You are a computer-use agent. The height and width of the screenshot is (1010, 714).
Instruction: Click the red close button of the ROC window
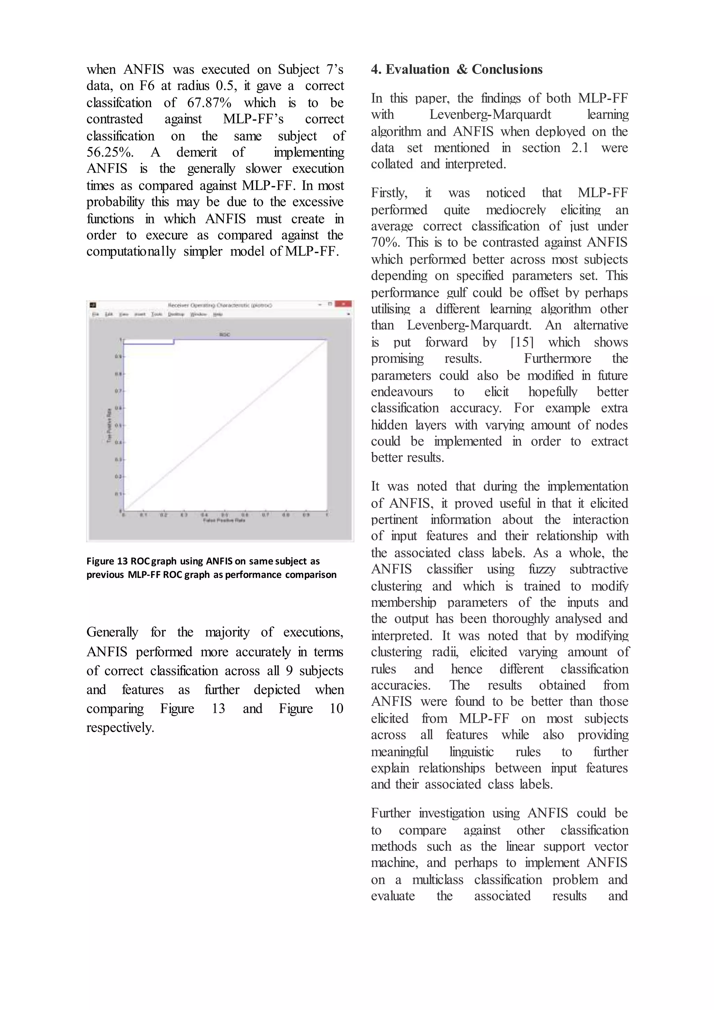click(343, 304)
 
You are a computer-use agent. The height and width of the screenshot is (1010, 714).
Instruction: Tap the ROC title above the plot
click(224, 335)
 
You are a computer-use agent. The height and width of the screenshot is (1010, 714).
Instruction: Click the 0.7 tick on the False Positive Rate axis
click(266, 515)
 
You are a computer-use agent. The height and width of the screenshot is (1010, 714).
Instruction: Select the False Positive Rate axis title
click(224, 520)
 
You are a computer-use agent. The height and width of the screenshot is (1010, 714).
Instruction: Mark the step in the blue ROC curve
click(174, 341)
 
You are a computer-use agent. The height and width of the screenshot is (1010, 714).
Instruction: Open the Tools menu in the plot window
click(157, 314)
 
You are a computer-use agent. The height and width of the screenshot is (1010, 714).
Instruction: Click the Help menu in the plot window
click(218, 314)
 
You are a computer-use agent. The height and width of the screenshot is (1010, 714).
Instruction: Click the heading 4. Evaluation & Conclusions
click(456, 69)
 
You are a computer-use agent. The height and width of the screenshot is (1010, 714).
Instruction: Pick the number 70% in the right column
click(384, 242)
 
